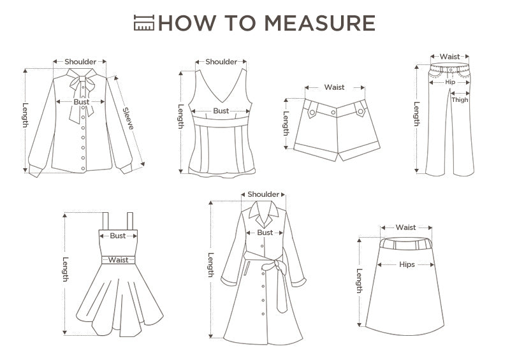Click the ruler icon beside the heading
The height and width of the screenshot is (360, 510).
(x=144, y=22)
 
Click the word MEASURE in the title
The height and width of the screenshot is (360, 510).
(x=319, y=23)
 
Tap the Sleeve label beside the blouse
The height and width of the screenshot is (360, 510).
(x=128, y=119)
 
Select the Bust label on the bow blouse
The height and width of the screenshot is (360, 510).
(x=82, y=102)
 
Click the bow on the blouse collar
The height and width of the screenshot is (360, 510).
(x=81, y=85)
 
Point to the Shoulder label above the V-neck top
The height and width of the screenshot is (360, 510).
(x=221, y=62)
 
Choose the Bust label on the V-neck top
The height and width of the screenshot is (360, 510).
(x=221, y=111)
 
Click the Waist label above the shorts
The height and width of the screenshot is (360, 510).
(x=334, y=87)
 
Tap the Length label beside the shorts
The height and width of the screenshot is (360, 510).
(x=286, y=124)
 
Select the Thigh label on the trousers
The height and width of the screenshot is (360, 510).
(x=460, y=100)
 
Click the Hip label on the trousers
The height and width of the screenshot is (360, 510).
(x=450, y=82)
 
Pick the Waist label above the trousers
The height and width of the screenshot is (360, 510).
(x=450, y=57)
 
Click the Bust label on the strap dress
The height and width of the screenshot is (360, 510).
(x=118, y=236)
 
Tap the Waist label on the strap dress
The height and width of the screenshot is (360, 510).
(x=119, y=260)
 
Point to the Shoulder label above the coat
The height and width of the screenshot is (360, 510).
(x=263, y=194)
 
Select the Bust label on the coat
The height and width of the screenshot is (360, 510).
(x=265, y=233)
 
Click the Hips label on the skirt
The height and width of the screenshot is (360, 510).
(x=407, y=264)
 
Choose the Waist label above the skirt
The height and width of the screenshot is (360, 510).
(x=406, y=227)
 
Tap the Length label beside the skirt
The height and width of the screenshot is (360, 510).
(x=360, y=281)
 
